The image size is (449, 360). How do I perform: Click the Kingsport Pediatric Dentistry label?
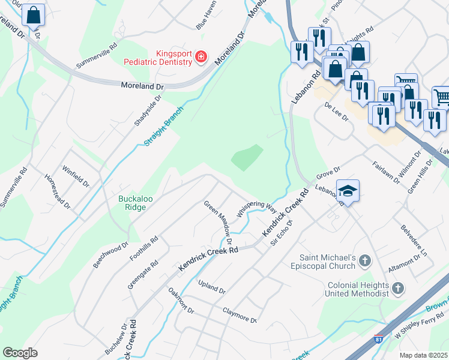(x=157, y=57)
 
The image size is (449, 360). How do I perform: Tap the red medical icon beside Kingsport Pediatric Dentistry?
(x=201, y=58)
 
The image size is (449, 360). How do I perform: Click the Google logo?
(x=20, y=353)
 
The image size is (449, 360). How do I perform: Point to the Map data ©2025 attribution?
(x=424, y=355)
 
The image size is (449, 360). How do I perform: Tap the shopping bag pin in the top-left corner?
(x=34, y=14)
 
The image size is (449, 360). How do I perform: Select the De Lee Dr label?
(x=336, y=111)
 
